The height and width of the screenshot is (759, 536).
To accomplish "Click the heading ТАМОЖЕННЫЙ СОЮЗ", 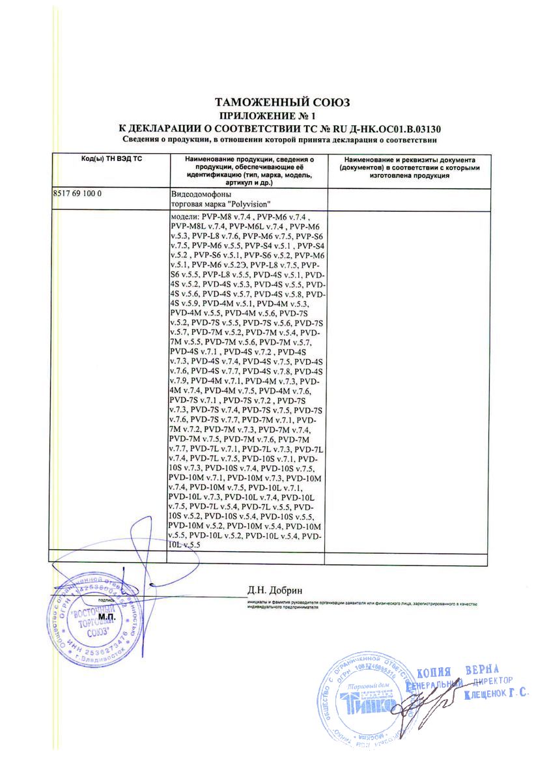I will [283, 102].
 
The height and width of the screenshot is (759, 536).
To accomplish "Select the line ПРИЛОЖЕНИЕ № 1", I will [283, 115].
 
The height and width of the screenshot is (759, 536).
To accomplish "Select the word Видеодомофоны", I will [200, 194].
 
